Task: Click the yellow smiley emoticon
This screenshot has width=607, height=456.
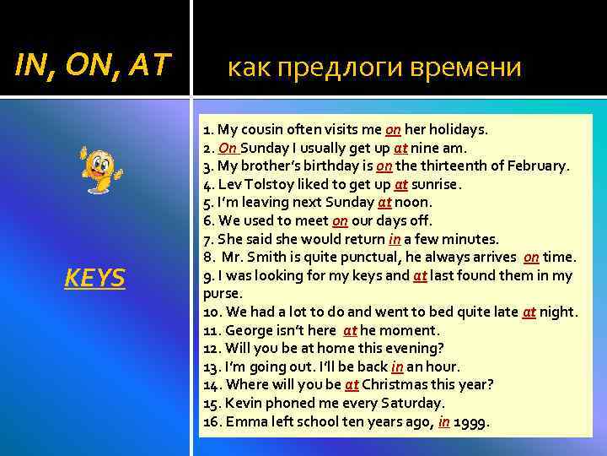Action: point(100,168)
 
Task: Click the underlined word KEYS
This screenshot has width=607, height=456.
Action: point(94,277)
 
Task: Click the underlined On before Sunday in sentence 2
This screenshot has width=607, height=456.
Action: point(228,148)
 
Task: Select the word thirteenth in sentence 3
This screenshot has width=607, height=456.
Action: point(457,166)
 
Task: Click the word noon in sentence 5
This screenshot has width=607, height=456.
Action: point(413,203)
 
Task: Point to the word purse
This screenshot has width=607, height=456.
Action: point(223,294)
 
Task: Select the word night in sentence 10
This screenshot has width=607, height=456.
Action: point(558,312)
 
